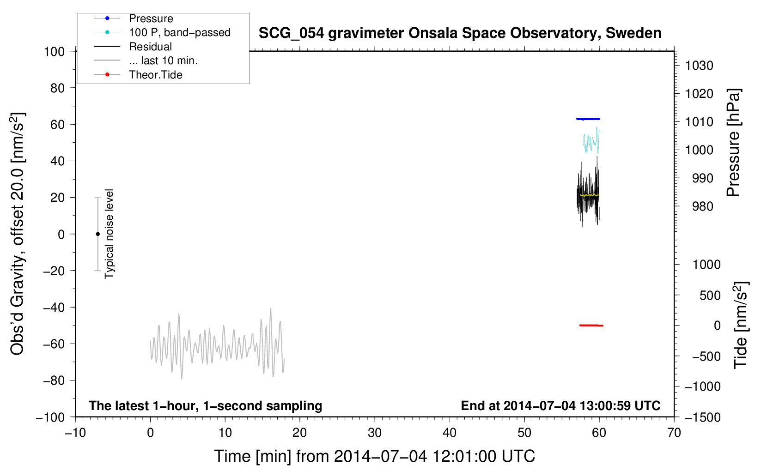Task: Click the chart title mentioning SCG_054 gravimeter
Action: tap(460, 33)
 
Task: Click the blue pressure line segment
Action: tap(588, 119)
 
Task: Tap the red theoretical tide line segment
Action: tap(591, 325)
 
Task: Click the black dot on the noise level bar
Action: tap(97, 234)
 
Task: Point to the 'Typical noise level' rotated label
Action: tap(109, 234)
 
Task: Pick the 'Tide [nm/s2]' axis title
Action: tap(741, 325)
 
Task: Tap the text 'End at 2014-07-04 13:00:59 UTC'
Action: tap(560, 405)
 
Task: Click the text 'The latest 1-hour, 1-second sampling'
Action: tap(206, 406)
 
